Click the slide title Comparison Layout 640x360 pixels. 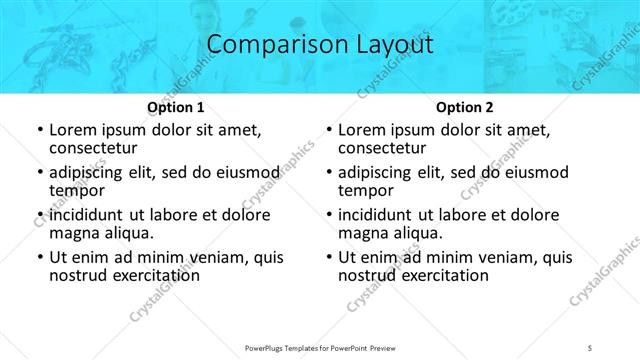coord(320,45)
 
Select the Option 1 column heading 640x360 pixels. coord(176,107)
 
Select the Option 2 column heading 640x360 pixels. coord(465,107)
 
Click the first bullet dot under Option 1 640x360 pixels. coord(39,131)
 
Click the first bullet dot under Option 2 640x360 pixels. coord(328,131)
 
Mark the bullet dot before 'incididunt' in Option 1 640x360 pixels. coord(39,215)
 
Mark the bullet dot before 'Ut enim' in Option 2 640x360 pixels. coord(328,257)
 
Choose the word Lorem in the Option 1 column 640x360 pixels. coord(73,130)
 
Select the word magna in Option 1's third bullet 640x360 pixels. coord(74,233)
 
